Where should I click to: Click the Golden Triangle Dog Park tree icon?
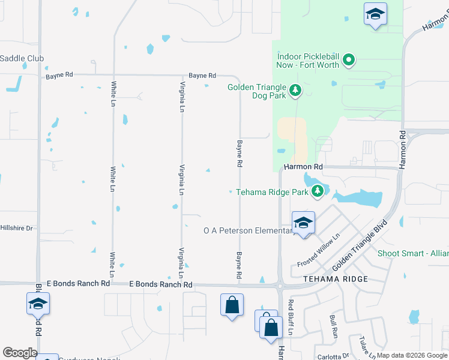point(295,91)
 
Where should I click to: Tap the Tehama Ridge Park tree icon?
point(318,192)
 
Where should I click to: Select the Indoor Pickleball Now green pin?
point(349,59)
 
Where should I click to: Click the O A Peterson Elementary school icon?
point(304,223)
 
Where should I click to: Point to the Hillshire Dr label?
point(17,228)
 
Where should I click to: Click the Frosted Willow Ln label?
point(319,250)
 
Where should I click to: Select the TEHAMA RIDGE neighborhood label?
point(332,280)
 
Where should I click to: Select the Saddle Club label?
point(22,58)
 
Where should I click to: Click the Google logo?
point(20,353)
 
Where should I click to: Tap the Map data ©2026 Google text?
point(412,355)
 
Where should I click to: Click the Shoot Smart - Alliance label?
point(413,253)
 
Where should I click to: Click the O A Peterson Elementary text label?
point(248,230)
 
